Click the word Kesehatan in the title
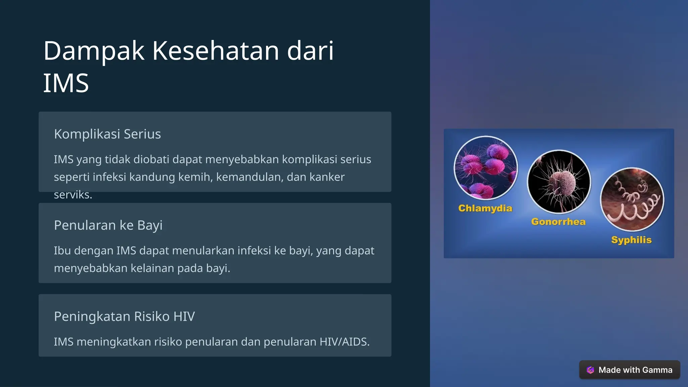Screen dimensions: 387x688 coord(216,51)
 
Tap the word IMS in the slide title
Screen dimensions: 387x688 coord(66,83)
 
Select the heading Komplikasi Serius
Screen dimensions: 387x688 coord(107,134)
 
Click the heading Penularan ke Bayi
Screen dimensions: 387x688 coord(108,225)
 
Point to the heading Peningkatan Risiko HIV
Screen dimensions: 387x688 coord(124,316)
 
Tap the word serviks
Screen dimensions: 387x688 coord(73,195)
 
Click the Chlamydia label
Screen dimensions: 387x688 coord(485,208)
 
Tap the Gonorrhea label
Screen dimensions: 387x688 coord(558,222)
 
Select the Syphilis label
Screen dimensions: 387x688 coord(631,240)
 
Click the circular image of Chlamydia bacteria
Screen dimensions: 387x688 coord(485,168)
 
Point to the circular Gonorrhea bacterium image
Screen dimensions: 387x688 coord(559,182)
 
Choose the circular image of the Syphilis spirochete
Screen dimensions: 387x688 coord(632,200)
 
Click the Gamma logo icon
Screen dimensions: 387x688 coord(590,370)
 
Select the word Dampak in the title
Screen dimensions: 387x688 coord(94,51)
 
